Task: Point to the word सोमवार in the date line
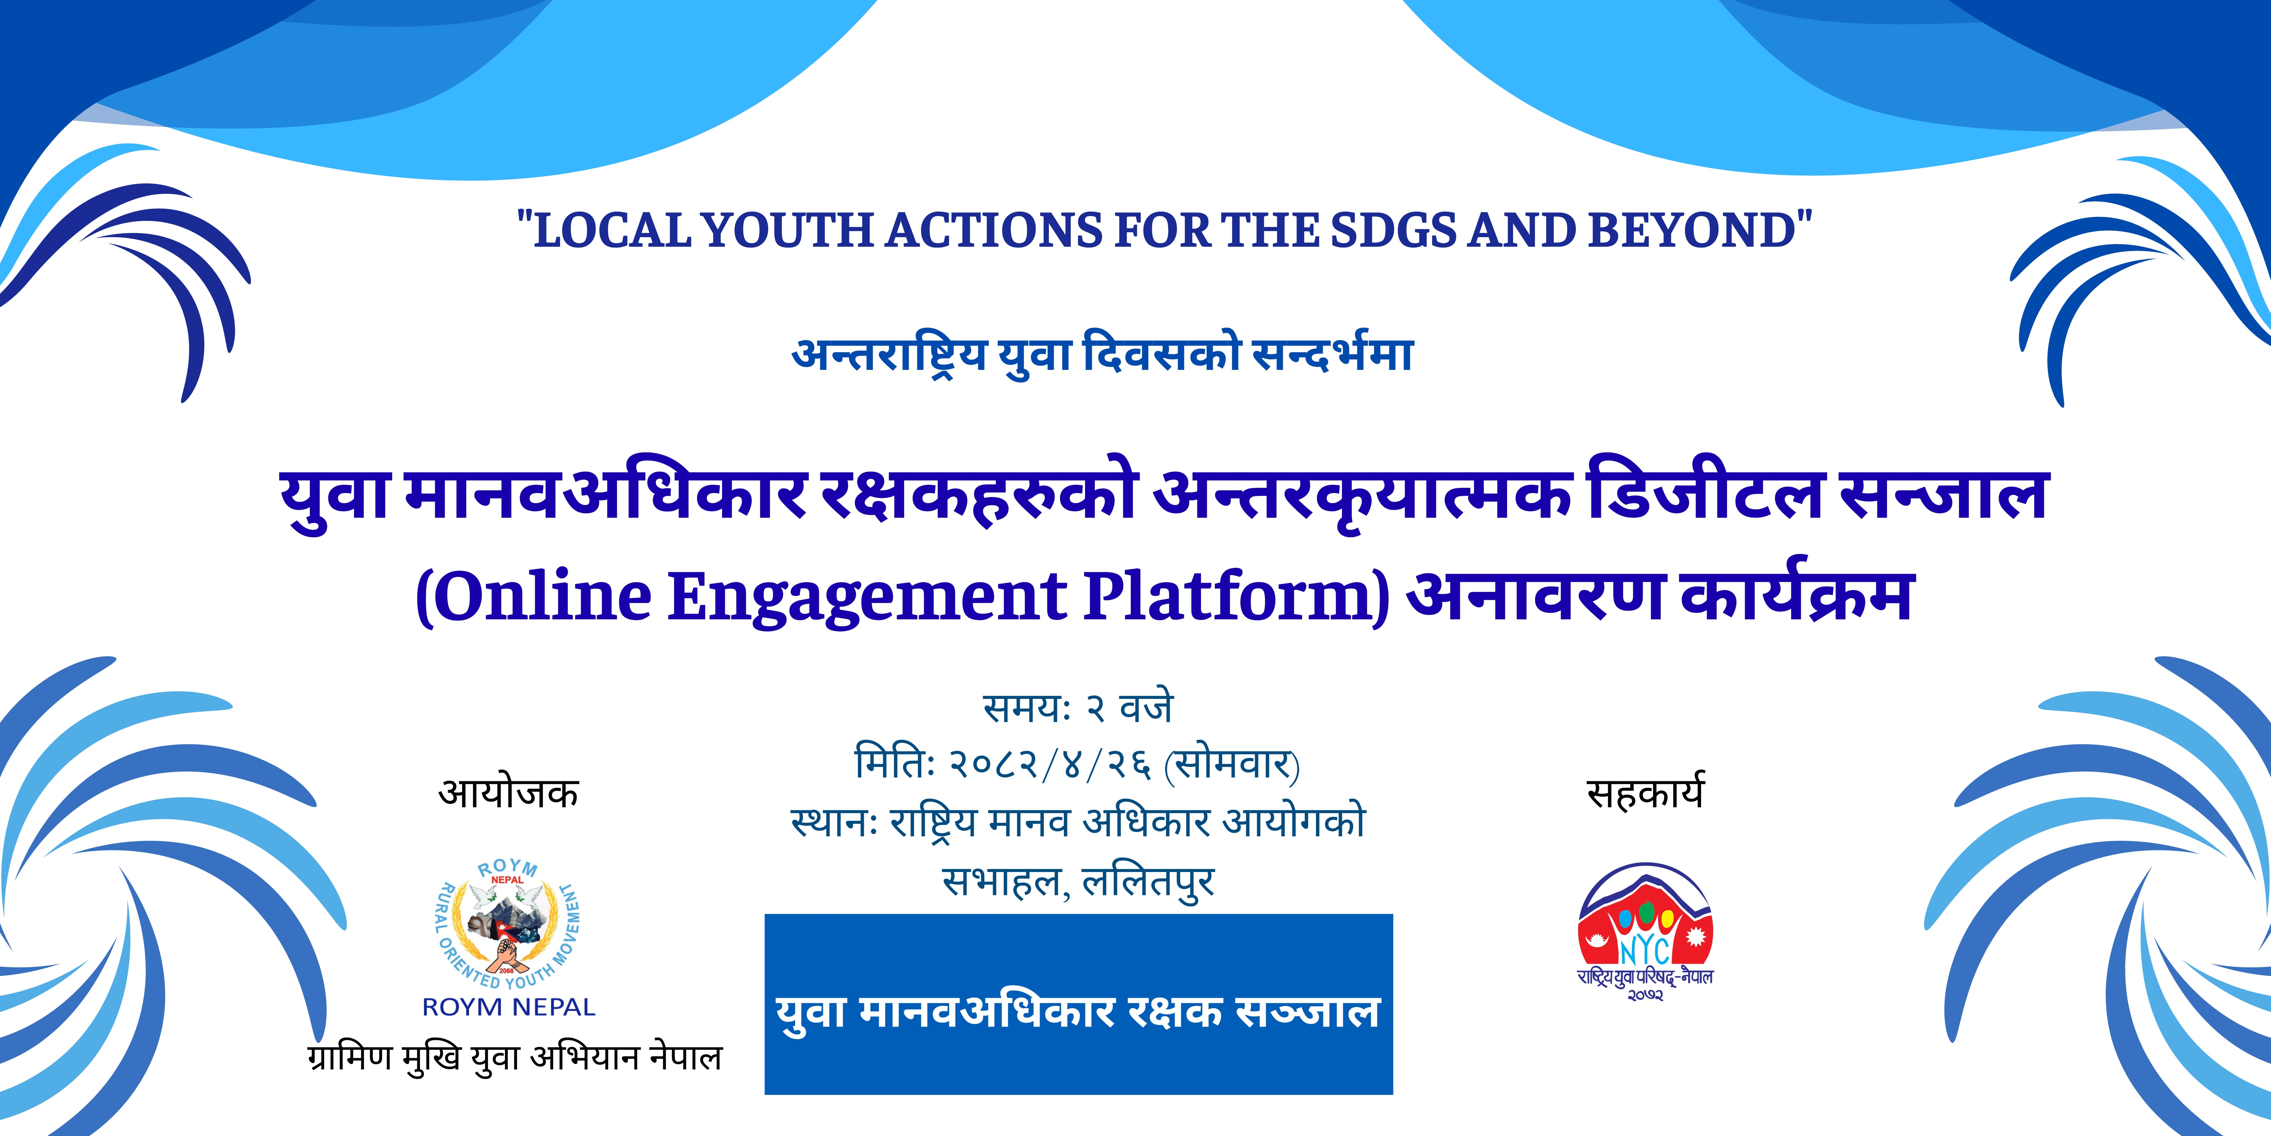1233,764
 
